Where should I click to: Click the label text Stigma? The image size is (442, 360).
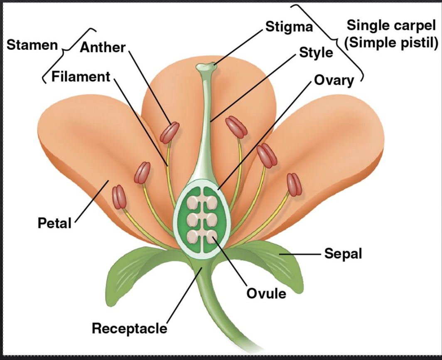click(289, 27)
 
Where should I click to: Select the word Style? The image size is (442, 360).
click(316, 52)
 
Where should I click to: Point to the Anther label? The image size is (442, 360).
click(103, 47)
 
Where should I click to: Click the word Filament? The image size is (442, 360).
click(81, 76)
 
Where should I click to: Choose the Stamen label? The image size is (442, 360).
click(32, 45)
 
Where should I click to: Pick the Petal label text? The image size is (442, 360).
click(54, 223)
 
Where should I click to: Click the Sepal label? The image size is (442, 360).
click(343, 253)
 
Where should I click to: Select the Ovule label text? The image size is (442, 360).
click(266, 293)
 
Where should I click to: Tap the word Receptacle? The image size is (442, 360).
click(129, 328)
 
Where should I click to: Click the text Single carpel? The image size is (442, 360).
click(391, 25)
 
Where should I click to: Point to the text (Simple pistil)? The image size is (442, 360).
click(391, 42)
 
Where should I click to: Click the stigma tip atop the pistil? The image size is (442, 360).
click(206, 66)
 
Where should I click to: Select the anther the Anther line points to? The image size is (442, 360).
click(169, 133)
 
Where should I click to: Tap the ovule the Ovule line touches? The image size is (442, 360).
click(212, 236)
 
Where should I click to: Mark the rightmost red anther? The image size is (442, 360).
click(294, 185)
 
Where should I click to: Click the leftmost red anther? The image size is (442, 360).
click(119, 197)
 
